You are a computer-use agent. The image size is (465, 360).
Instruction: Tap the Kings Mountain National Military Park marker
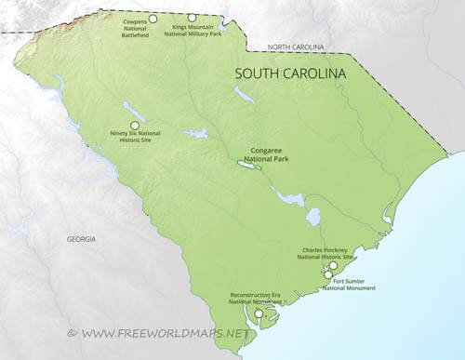tap(192, 17)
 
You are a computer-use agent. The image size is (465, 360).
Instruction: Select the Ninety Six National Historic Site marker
tap(135, 125)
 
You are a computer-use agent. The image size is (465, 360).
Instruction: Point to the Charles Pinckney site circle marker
tap(333, 266)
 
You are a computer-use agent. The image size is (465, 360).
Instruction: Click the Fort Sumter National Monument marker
tap(328, 273)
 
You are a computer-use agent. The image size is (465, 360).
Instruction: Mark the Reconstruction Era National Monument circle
tap(259, 313)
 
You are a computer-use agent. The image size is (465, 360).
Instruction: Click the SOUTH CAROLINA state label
tap(289, 73)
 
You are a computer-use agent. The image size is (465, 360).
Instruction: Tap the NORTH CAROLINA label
tap(296, 47)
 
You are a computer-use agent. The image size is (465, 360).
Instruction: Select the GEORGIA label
tap(81, 239)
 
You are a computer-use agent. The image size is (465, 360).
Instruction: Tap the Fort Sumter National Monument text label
tap(349, 285)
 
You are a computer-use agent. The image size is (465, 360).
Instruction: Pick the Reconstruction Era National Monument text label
tap(256, 298)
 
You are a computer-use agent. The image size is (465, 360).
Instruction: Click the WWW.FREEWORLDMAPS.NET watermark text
tap(166, 332)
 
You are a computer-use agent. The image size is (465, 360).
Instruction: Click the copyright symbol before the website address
tap(71, 332)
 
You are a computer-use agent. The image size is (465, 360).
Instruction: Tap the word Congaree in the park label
tap(270, 147)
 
